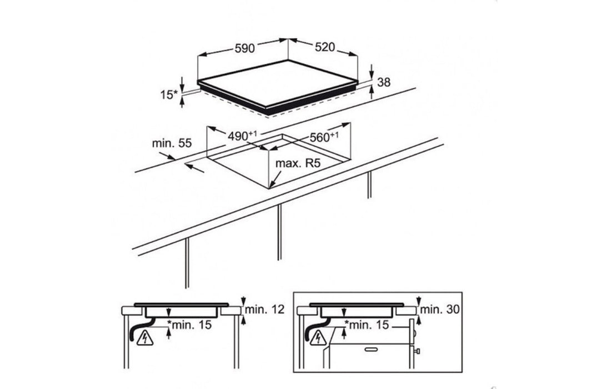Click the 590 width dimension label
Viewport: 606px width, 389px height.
(x=244, y=48)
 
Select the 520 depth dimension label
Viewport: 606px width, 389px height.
(x=324, y=47)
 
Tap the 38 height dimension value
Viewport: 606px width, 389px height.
(x=383, y=82)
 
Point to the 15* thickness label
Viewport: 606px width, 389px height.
(x=169, y=94)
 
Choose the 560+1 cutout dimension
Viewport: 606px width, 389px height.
(x=324, y=137)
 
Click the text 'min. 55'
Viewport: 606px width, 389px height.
(x=172, y=143)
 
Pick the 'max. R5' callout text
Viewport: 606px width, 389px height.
(x=298, y=163)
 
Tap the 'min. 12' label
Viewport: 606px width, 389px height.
(x=265, y=309)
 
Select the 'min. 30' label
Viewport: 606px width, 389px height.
(x=440, y=309)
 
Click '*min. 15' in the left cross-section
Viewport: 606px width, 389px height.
(x=189, y=325)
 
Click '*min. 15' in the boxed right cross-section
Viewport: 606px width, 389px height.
(x=367, y=325)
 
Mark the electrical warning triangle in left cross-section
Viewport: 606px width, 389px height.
(x=145, y=339)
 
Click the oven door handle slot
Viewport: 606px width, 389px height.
(x=372, y=349)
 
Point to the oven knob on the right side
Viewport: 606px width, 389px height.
(x=417, y=351)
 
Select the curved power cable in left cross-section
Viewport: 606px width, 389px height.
(x=140, y=329)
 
